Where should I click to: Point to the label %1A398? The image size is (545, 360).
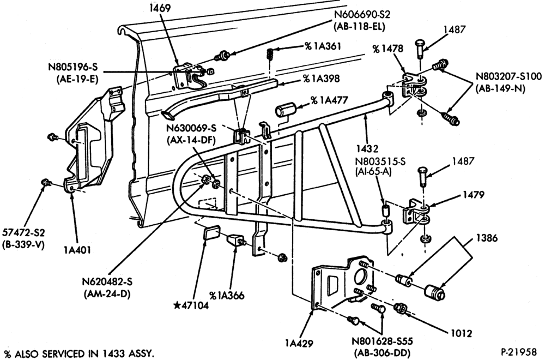(321, 79)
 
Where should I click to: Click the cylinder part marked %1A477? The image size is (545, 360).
(285, 110)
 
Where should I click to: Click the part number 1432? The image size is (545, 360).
(367, 149)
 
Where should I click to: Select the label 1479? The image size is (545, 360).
(473, 195)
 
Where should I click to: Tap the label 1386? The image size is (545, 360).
(486, 238)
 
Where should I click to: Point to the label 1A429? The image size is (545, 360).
(299, 343)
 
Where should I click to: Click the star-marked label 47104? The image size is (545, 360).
(191, 306)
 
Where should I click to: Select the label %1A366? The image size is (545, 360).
(227, 296)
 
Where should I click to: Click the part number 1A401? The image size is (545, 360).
(77, 249)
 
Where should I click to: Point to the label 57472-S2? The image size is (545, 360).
(24, 232)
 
